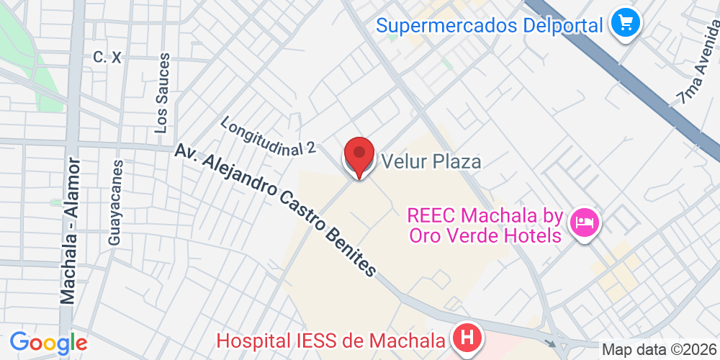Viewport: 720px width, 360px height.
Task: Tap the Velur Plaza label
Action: click(x=431, y=161)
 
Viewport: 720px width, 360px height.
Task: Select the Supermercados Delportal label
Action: click(x=490, y=26)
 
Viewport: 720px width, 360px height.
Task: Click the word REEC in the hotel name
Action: click(x=431, y=215)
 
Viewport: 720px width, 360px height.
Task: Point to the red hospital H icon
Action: click(x=467, y=337)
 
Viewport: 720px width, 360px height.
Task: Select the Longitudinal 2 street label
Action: click(x=269, y=135)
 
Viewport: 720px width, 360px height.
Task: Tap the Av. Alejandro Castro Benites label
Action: click(x=275, y=210)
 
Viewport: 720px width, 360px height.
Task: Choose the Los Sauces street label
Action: click(x=162, y=93)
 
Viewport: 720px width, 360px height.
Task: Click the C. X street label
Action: click(x=107, y=58)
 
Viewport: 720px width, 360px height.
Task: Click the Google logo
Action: click(x=48, y=342)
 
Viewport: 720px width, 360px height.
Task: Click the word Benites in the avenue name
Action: click(x=351, y=251)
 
